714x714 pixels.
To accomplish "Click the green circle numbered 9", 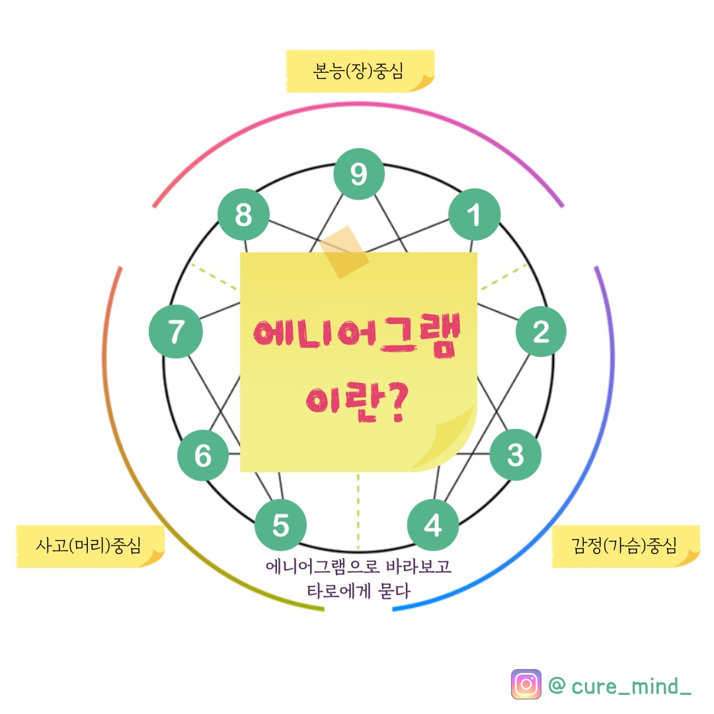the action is click(x=358, y=174).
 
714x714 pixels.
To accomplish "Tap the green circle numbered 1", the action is click(x=474, y=216).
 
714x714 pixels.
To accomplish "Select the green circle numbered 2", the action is click(x=541, y=331).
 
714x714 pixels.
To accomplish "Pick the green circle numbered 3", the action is click(x=516, y=455).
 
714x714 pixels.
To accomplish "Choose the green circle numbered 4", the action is click(x=433, y=526).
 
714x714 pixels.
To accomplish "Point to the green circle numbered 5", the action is click(x=280, y=526).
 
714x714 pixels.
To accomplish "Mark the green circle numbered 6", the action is click(x=203, y=456).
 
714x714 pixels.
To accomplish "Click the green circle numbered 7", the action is click(x=175, y=331).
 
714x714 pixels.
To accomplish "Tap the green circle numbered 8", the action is click(x=243, y=216).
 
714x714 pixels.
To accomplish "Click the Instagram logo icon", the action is click(x=526, y=684).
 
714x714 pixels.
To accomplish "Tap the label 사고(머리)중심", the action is click(x=89, y=546).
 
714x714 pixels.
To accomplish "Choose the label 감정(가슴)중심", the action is click(x=624, y=546).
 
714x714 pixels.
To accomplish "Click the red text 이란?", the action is click(x=357, y=401).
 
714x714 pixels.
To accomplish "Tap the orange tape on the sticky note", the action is click(x=344, y=252).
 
